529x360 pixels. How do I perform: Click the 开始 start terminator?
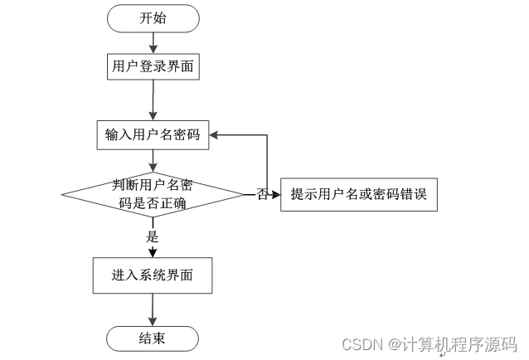(153, 18)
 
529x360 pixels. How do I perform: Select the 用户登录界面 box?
(153, 66)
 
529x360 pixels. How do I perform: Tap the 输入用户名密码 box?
(153, 135)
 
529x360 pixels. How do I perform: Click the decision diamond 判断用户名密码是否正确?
(153, 195)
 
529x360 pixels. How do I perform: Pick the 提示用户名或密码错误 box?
(359, 195)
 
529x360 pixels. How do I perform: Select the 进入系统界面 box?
(153, 275)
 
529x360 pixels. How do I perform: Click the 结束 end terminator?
(153, 338)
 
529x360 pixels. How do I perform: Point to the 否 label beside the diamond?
(263, 195)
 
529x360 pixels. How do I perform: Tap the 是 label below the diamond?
(153, 236)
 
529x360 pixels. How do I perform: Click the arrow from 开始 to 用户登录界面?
(153, 43)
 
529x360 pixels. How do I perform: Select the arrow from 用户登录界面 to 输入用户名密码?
(153, 100)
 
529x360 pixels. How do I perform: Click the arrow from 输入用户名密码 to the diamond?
(153, 161)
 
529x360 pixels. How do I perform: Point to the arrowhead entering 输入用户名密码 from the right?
(214, 135)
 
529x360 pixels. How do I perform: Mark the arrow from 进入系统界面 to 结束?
(153, 309)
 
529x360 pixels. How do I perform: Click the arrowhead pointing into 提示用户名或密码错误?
(276, 195)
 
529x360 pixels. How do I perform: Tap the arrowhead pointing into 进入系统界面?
(153, 252)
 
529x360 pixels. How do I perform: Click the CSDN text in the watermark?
(362, 344)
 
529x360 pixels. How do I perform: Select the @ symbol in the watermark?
(394, 345)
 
